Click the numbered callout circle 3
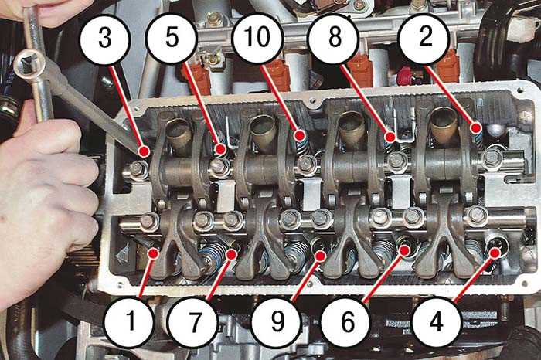(x=105, y=39)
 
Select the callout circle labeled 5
(x=172, y=37)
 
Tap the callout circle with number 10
(x=257, y=37)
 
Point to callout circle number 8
(x=335, y=37)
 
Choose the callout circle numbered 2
(x=424, y=37)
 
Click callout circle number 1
(x=129, y=321)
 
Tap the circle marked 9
(x=277, y=322)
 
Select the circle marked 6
(x=347, y=322)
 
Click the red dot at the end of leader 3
(x=144, y=151)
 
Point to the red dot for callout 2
(x=477, y=128)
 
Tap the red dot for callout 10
(x=301, y=135)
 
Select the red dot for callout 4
(x=495, y=253)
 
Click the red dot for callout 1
(x=152, y=253)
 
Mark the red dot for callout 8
(x=390, y=138)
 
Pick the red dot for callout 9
(x=321, y=256)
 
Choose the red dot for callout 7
(x=232, y=254)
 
